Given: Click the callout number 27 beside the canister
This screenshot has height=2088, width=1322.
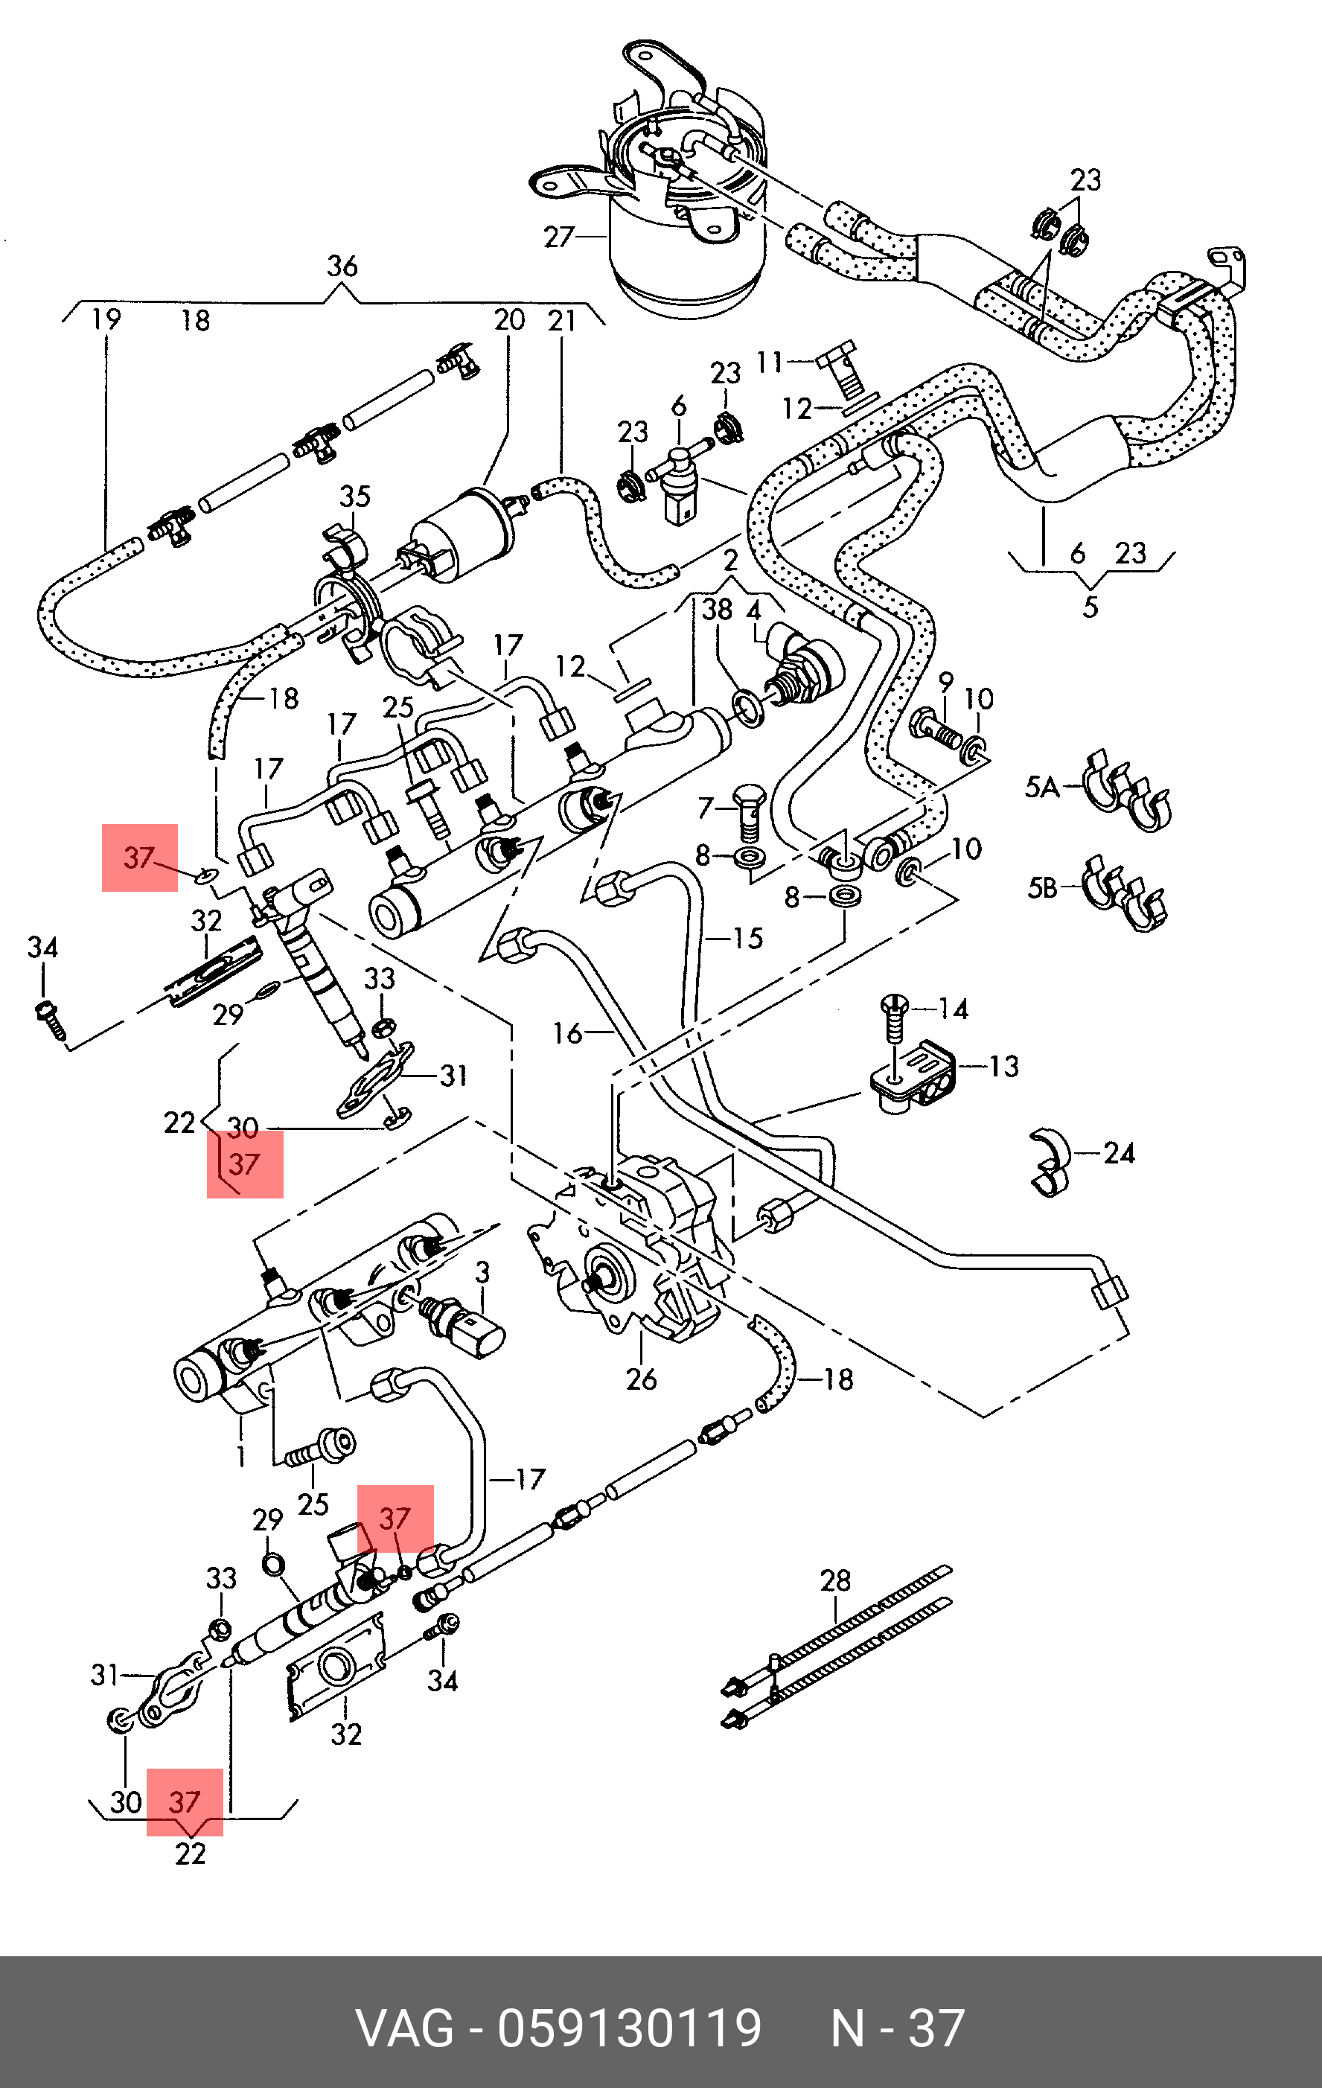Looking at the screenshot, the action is click(x=559, y=237).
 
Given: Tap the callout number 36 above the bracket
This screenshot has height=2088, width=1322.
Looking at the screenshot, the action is click(x=342, y=266).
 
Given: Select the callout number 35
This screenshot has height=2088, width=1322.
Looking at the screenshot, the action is click(x=354, y=497).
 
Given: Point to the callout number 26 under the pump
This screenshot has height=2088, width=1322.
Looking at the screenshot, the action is click(x=642, y=1379).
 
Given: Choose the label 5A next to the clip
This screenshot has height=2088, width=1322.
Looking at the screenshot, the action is click(x=1042, y=788).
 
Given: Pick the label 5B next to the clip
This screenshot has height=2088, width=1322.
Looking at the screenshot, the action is click(x=1042, y=888).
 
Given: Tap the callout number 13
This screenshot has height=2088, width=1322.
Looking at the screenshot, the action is click(x=1004, y=1066).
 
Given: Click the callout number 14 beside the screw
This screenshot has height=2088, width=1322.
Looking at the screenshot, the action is click(x=954, y=1009).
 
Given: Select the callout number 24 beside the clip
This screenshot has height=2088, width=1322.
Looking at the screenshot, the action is click(x=1118, y=1152).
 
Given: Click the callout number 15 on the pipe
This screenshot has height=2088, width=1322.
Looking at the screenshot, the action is click(x=747, y=938).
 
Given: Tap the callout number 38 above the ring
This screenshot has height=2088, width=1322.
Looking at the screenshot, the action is click(x=717, y=610).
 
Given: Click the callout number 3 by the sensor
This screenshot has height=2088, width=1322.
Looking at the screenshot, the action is click(x=483, y=1272).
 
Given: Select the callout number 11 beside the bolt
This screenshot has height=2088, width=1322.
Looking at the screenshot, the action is click(x=770, y=362).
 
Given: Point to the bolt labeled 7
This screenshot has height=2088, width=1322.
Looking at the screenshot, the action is click(x=749, y=810).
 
